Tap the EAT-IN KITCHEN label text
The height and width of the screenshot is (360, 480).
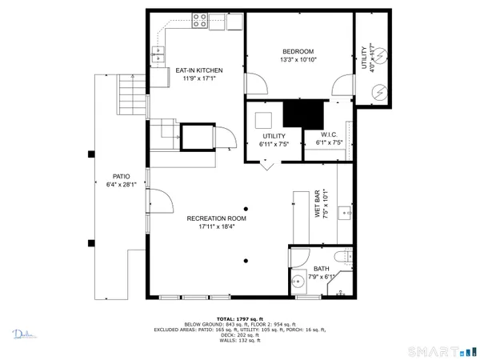point(198,70)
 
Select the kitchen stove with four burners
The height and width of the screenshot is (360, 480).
point(199,22)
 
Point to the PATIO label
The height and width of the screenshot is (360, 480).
point(122,176)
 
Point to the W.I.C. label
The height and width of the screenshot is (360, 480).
point(332,134)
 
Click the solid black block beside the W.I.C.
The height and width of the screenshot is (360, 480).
point(302,114)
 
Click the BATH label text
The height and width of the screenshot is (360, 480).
point(321,269)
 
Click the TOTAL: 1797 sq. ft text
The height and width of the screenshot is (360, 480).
point(239,318)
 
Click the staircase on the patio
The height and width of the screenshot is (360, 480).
point(129,91)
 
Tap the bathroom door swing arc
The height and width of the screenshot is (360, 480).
point(298,256)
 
